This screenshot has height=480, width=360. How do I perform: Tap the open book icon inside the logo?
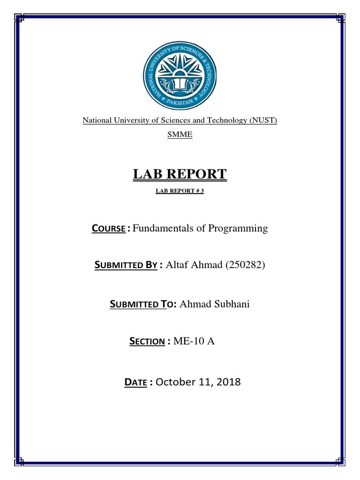point(180,84)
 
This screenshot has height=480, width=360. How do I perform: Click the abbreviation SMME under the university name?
point(180,135)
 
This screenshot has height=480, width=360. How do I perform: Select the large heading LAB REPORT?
point(180,174)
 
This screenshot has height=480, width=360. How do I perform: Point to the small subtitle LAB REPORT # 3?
point(180,192)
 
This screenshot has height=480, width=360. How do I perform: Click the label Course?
point(108,229)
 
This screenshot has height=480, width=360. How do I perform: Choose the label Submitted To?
point(139,305)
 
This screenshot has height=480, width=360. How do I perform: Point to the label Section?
point(147,342)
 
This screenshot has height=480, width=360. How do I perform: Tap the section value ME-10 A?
point(194,341)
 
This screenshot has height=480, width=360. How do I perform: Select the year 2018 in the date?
point(228,382)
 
